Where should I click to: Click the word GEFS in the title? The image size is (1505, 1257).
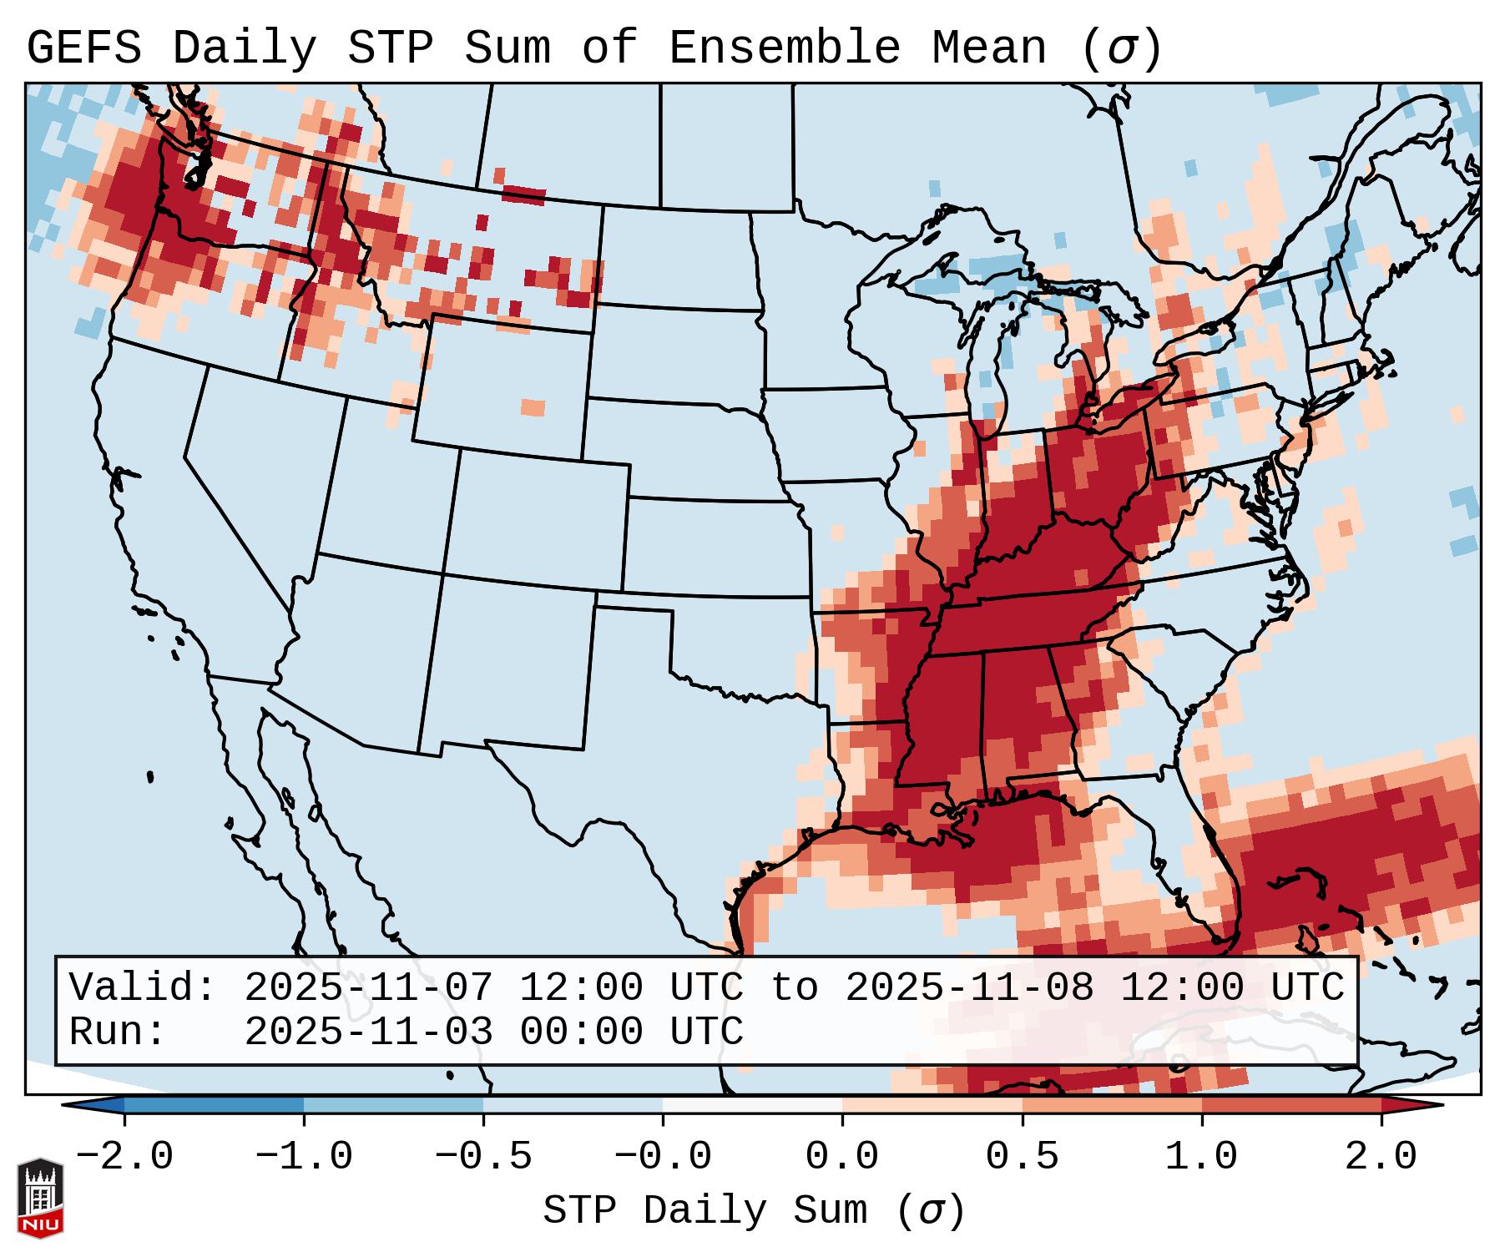click(x=83, y=48)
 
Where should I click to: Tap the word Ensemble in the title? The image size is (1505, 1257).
click(x=784, y=48)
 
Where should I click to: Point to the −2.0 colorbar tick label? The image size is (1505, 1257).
click(x=124, y=1157)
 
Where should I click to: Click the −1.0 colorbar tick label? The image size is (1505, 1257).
click(x=304, y=1157)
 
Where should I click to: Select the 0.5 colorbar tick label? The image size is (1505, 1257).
click(x=1022, y=1157)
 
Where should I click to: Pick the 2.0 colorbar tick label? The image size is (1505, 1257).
click(x=1381, y=1157)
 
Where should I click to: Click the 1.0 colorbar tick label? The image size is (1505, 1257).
click(x=1201, y=1157)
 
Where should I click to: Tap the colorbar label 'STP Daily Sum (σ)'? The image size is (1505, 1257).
click(x=754, y=1210)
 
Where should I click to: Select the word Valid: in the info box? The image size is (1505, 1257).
click(x=143, y=988)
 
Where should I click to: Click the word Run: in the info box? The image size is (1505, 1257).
click(x=118, y=1032)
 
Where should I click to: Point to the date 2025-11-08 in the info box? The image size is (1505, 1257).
click(x=969, y=988)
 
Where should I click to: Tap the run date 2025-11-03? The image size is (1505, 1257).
click(x=368, y=1032)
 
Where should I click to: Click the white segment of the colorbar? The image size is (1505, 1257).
click(x=752, y=1105)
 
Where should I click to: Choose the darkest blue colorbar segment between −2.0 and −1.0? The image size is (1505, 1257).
click(x=214, y=1105)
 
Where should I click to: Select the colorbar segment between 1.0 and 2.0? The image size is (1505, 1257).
click(x=1290, y=1105)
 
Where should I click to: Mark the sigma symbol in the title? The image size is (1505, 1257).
click(x=1121, y=48)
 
